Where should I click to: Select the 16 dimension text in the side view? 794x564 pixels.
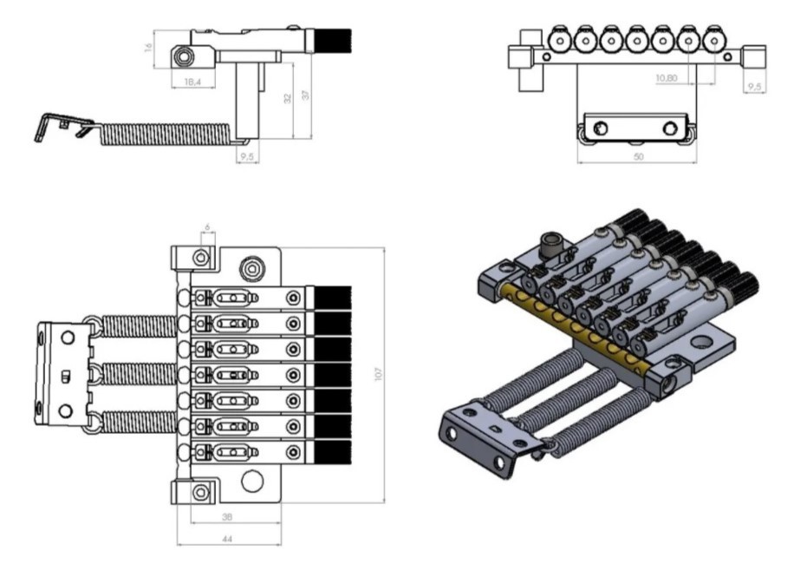(149, 48)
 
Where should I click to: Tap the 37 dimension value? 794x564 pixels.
(305, 94)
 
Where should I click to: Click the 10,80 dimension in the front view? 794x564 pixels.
(667, 77)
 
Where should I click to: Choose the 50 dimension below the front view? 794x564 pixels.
(638, 157)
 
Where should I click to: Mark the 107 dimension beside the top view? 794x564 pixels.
(378, 373)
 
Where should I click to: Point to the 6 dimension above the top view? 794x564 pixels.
(207, 227)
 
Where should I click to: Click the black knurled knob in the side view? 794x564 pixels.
(337, 41)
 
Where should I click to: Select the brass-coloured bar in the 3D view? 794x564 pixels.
(573, 335)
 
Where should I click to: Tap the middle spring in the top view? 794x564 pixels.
(140, 374)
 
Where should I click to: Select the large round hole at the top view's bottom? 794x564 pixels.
(252, 480)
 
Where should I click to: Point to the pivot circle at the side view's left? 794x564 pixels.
(184, 57)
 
